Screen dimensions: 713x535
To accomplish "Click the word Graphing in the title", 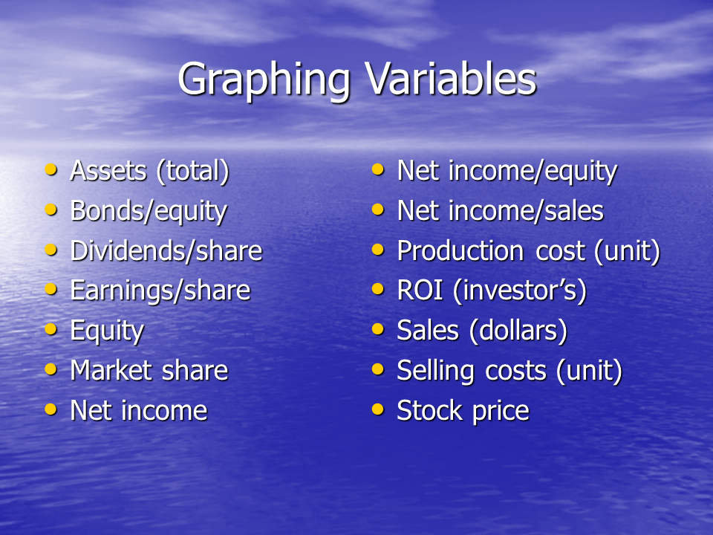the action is pyautogui.click(x=264, y=81).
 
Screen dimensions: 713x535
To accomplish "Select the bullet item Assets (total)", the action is pyautogui.click(x=149, y=171).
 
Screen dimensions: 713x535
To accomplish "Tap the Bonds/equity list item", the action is pyautogui.click(x=149, y=212).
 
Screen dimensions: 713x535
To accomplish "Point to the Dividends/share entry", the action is pyautogui.click(x=166, y=250).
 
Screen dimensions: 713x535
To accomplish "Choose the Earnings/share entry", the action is pyautogui.click(x=160, y=291).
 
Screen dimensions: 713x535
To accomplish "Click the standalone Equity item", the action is pyautogui.click(x=107, y=331).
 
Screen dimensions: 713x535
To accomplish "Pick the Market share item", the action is pyautogui.click(x=149, y=370).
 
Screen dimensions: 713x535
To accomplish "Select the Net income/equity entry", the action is pyautogui.click(x=507, y=171).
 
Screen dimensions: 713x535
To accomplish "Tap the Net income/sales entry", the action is pyautogui.click(x=500, y=211).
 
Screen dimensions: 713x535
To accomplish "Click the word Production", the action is pyautogui.click(x=460, y=250).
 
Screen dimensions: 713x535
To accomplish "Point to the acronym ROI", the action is pyautogui.click(x=420, y=291).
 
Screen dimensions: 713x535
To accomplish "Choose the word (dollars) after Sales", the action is pyautogui.click(x=518, y=331).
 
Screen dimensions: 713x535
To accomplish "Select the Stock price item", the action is pyautogui.click(x=463, y=411).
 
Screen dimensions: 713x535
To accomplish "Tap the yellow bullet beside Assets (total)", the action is pyautogui.click(x=51, y=169).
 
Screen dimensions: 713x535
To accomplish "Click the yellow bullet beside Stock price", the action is pyautogui.click(x=378, y=409).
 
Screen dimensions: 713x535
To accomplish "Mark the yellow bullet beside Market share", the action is pyautogui.click(x=51, y=369).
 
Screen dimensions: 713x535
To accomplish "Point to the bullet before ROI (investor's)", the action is pyautogui.click(x=378, y=289).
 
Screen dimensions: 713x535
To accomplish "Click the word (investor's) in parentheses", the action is pyautogui.click(x=520, y=291).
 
